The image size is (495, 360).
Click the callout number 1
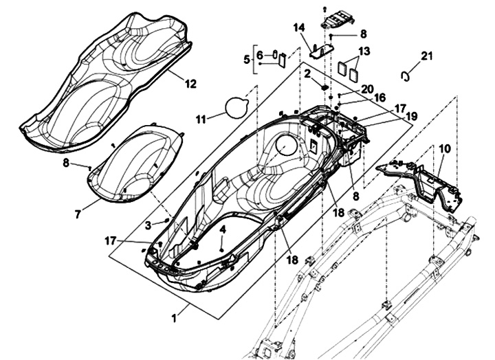(174, 318)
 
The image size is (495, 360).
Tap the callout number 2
(308, 72)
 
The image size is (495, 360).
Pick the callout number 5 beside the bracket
(247, 60)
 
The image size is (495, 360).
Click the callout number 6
(260, 55)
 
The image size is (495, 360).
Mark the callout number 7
(78, 214)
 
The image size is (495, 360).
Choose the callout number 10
(444, 148)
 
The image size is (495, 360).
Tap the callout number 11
(201, 119)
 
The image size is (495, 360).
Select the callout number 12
(190, 84)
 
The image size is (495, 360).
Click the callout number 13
(364, 51)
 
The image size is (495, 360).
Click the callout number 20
(366, 89)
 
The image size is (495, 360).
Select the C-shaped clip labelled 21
(406, 74)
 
